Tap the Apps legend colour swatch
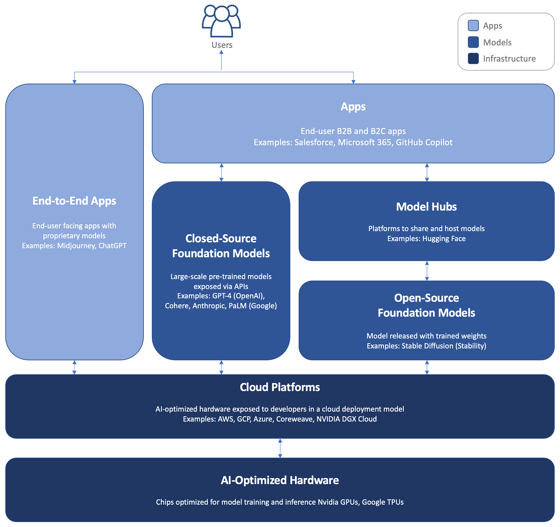point(473,26)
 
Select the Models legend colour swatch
point(473,42)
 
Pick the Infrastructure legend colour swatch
point(473,58)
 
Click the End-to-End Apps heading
point(74,201)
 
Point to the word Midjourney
point(76,246)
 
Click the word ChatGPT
point(112,246)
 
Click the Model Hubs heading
point(426,207)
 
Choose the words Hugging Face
point(444,239)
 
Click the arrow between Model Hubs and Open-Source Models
point(427,271)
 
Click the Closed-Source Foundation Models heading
point(221,246)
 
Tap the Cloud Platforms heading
point(280,387)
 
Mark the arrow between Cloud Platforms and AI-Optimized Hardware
point(280,448)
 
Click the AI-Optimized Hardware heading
point(280,480)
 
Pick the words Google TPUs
point(383,502)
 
